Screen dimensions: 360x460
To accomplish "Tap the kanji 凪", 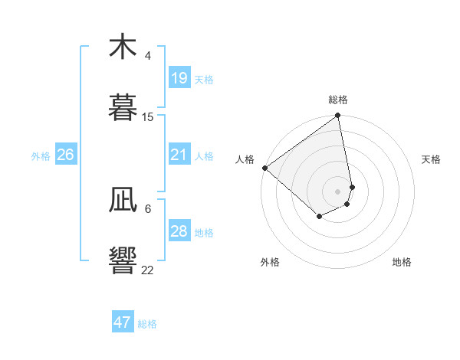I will pyautogui.click(x=123, y=199).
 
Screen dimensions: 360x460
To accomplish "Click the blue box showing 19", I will pyautogui.click(x=179, y=78).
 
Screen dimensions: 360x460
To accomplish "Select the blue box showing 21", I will pyautogui.click(x=179, y=155).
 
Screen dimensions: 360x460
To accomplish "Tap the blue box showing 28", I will pyautogui.click(x=179, y=231).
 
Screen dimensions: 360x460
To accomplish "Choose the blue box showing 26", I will pyautogui.click(x=65, y=155).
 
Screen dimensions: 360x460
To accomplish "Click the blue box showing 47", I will pyautogui.click(x=123, y=322).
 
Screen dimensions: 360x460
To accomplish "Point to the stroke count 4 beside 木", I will pyautogui.click(x=148, y=56).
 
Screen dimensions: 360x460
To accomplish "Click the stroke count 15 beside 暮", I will pyautogui.click(x=148, y=116).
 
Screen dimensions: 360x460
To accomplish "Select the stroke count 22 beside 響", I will pyautogui.click(x=148, y=270).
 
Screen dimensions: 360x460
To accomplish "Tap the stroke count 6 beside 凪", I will pyautogui.click(x=148, y=208).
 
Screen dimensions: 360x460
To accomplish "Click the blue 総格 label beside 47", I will pyautogui.click(x=147, y=324).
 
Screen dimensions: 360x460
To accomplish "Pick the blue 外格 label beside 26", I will pyautogui.click(x=41, y=156).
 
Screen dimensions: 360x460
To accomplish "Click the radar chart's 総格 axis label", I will pyautogui.click(x=338, y=100).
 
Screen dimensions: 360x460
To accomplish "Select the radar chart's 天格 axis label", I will pyautogui.click(x=432, y=159).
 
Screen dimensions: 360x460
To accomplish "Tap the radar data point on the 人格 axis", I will pyautogui.click(x=264, y=168).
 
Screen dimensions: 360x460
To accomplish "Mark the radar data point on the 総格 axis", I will pyautogui.click(x=338, y=116).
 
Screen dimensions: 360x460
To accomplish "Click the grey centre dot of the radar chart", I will pyautogui.click(x=338, y=191).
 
